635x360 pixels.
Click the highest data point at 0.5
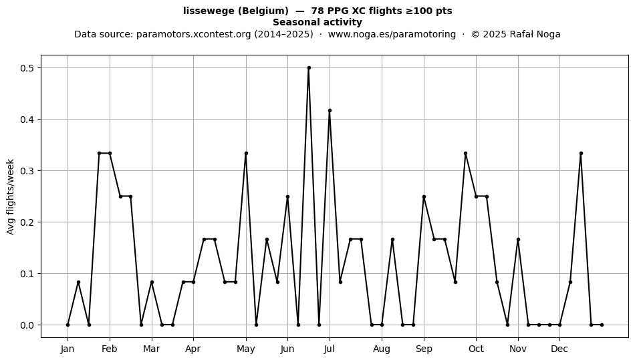pos(309,68)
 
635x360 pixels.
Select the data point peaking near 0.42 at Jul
pos(330,110)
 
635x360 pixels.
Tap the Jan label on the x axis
pos(68,349)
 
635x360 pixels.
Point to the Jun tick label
pos(287,349)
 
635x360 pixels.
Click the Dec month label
pos(559,349)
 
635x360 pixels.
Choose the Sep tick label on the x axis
pos(424,349)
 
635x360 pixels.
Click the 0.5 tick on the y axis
pos(27,68)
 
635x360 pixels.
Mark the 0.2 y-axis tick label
pos(27,222)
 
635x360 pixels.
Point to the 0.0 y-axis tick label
pos(27,325)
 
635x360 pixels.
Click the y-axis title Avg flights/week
pos(11,196)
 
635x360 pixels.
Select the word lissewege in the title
pos(209,11)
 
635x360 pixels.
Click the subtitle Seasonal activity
pos(317,22)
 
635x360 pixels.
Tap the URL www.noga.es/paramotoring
pos(392,34)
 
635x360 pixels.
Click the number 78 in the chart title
pos(317,11)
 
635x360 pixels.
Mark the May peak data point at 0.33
pos(246,154)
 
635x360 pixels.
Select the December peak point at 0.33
pos(581,154)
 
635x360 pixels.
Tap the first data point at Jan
pos(68,325)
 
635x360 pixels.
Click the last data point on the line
pos(602,325)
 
